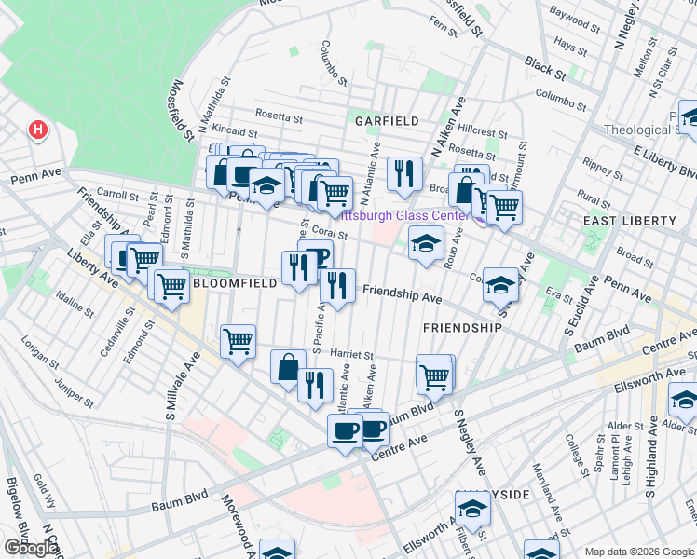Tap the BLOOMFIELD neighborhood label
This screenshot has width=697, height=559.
[233, 282]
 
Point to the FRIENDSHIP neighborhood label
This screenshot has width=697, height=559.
[462, 328]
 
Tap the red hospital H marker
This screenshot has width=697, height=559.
[38, 130]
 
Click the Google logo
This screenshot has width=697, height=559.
[31, 548]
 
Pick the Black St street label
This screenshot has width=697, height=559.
[545, 67]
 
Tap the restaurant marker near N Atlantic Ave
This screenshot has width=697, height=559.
[403, 172]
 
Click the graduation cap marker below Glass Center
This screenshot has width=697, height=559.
[426, 244]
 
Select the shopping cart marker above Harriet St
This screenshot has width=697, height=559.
[239, 341]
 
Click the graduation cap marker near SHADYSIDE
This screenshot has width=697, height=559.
[472, 510]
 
